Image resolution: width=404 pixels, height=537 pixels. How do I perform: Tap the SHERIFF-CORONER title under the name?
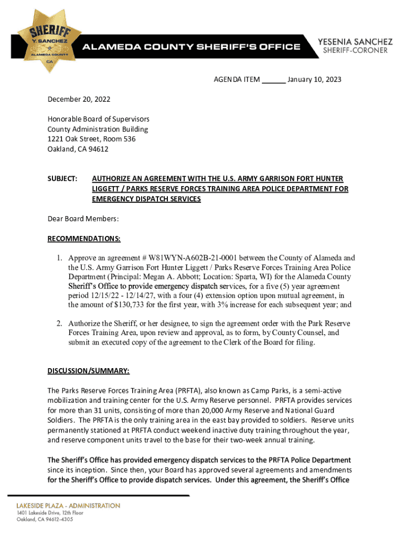click(355, 50)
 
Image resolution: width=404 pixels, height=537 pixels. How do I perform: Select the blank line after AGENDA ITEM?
click(273, 80)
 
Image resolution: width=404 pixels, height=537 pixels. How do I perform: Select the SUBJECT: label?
click(62, 179)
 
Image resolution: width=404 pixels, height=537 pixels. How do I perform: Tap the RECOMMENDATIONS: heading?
click(84, 239)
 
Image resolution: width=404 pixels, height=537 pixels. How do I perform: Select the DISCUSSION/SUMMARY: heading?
click(88, 371)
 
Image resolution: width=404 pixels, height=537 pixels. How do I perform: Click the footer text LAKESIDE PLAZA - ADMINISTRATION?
click(68, 506)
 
